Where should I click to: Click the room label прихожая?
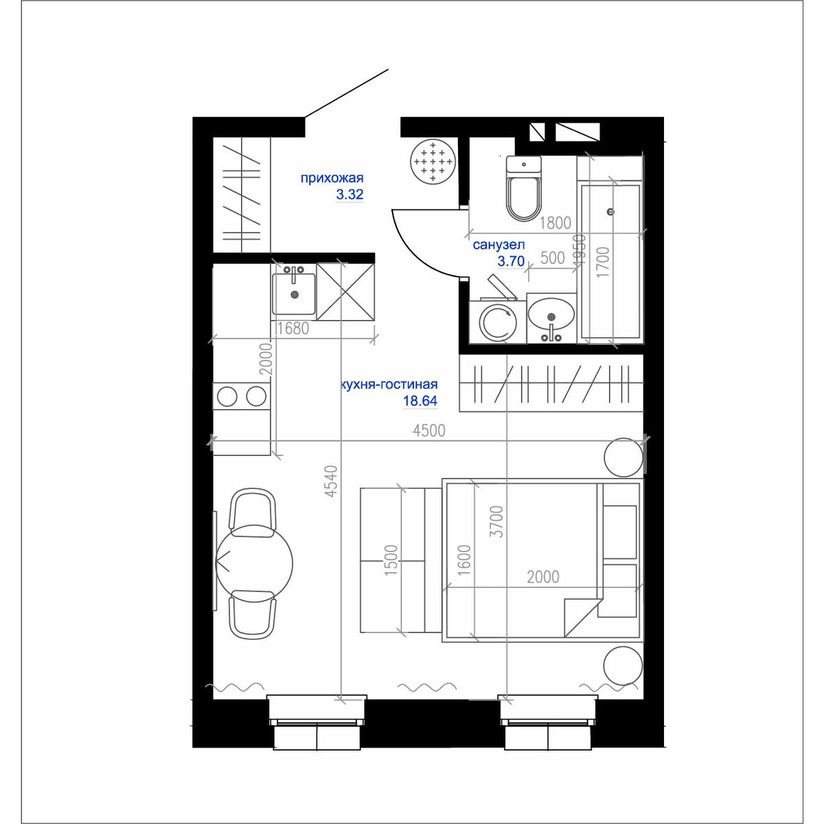pyautogui.click(x=332, y=178)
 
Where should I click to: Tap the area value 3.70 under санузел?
pyautogui.click(x=511, y=261)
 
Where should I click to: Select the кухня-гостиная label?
pyautogui.click(x=389, y=385)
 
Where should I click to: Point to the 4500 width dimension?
pyautogui.click(x=429, y=431)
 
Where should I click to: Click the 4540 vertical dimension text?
pyautogui.click(x=332, y=481)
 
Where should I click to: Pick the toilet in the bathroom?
pyautogui.click(x=524, y=187)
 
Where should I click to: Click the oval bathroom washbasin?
pyautogui.click(x=551, y=317)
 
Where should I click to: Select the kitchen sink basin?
pyautogui.click(x=294, y=294)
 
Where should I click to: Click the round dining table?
pyautogui.click(x=255, y=563)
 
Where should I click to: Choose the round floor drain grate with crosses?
pyautogui.click(x=433, y=163)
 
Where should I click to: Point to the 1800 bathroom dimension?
pyautogui.click(x=555, y=222)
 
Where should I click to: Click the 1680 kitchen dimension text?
pyautogui.click(x=293, y=328)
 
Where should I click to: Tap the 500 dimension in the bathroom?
pyautogui.click(x=553, y=258)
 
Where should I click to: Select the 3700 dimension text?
pyautogui.click(x=497, y=521)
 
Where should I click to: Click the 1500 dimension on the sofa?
pyautogui.click(x=391, y=560)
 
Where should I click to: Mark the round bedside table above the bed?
pyautogui.click(x=623, y=457)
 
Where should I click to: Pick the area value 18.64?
pyautogui.click(x=420, y=400)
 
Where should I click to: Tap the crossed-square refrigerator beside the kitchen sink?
pyautogui.click(x=345, y=291)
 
